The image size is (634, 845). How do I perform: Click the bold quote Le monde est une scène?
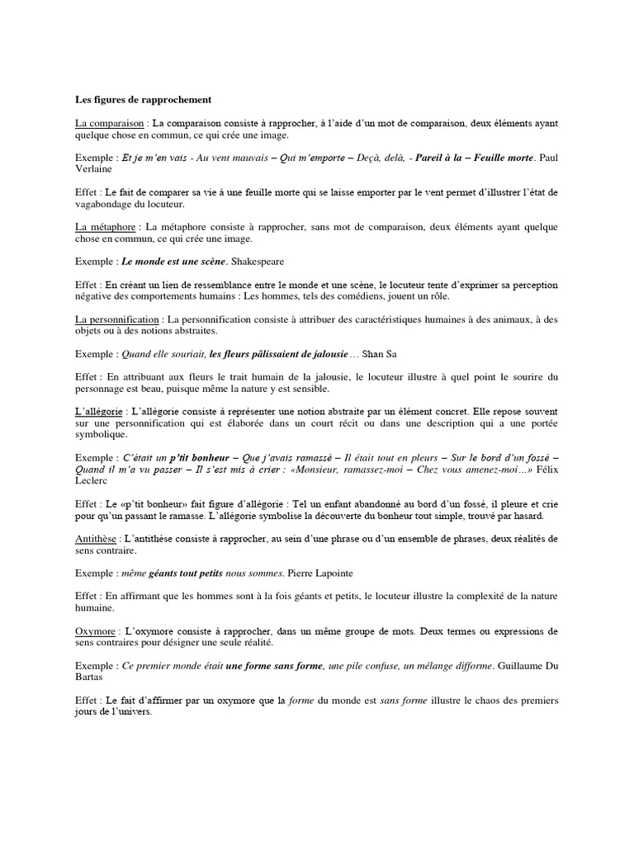tap(168, 262)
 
